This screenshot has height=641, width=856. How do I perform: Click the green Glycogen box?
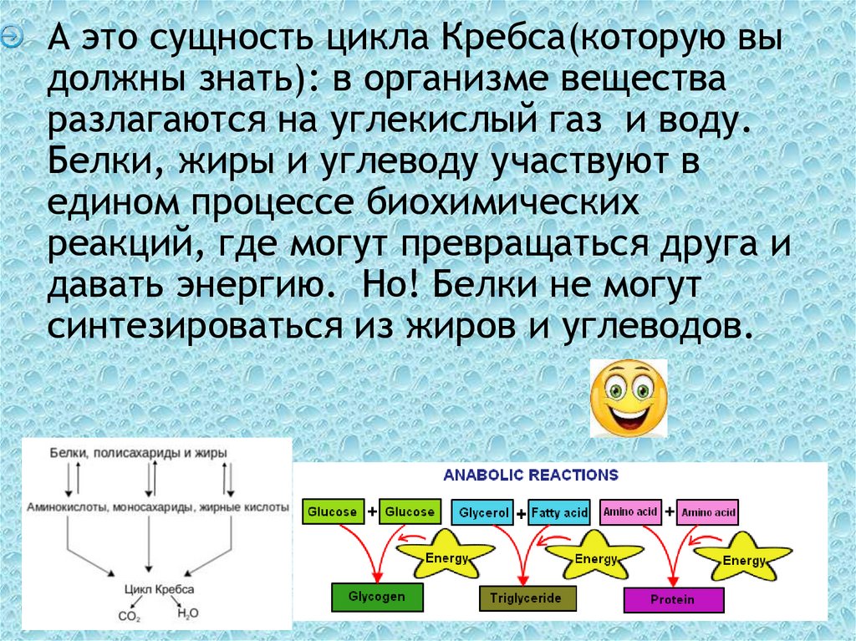(x=378, y=597)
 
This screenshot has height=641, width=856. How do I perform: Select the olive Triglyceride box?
(x=527, y=598)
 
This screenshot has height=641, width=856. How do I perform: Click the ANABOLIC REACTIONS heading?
(x=531, y=476)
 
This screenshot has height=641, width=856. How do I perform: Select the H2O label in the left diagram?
(x=187, y=613)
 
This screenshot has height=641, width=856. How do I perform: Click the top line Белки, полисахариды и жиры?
(x=138, y=452)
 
